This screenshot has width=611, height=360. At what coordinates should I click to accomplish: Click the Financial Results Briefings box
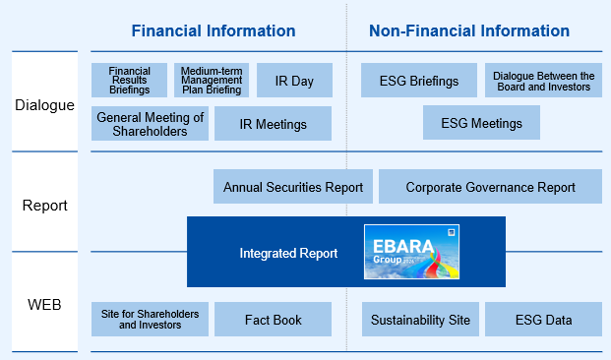pos(129,81)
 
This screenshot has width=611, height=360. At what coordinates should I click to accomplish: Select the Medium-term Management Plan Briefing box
pos(212,81)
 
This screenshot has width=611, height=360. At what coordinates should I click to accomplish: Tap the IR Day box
pos(294,81)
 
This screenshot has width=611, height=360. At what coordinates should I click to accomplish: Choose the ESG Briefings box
pos(419,81)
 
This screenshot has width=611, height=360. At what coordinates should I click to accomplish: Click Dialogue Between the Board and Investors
pos(543,81)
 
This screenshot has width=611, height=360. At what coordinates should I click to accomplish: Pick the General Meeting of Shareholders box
pos(150,124)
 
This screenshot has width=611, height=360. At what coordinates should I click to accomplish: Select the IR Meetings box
pos(274,124)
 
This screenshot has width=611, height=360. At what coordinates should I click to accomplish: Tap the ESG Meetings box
pos(482,123)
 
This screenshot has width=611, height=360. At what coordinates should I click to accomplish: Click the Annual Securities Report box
pos(293,187)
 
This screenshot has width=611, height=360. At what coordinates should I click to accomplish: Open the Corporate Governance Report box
pos(491,187)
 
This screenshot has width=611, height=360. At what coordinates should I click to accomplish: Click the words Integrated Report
pos(288,253)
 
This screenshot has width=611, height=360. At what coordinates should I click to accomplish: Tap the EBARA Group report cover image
pos(411,252)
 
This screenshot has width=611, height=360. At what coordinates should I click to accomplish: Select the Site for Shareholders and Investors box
pos(150,319)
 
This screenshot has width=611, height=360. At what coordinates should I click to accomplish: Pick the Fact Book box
pos(274,319)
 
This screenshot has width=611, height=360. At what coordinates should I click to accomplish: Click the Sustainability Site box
pos(420,319)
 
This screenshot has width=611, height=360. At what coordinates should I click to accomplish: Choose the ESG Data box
pos(543,319)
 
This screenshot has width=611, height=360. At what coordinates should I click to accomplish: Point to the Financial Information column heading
pos(214,30)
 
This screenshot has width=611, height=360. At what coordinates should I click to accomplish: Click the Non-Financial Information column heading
pos(469,30)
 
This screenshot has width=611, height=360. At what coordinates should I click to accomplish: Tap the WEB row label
pos(44,305)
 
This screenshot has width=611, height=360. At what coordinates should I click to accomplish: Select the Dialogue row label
pos(44,105)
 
